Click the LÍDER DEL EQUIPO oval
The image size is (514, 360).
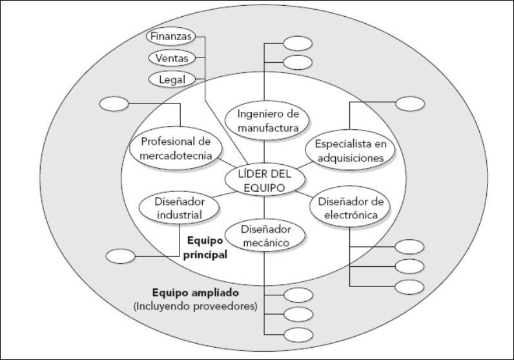coord(264,180)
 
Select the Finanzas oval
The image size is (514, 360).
coord(172,37)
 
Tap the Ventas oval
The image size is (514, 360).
coord(172,58)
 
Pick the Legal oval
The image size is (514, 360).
coord(172,79)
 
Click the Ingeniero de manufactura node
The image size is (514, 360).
coord(267,121)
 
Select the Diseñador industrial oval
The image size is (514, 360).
coord(170,208)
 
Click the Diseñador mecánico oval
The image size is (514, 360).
coord(265,236)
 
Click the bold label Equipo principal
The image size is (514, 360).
coord(206,247)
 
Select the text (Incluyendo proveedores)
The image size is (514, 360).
coord(196,306)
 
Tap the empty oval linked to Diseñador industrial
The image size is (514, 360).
coord(120,256)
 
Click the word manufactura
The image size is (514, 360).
coord(267,128)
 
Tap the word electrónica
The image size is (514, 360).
coord(352,215)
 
